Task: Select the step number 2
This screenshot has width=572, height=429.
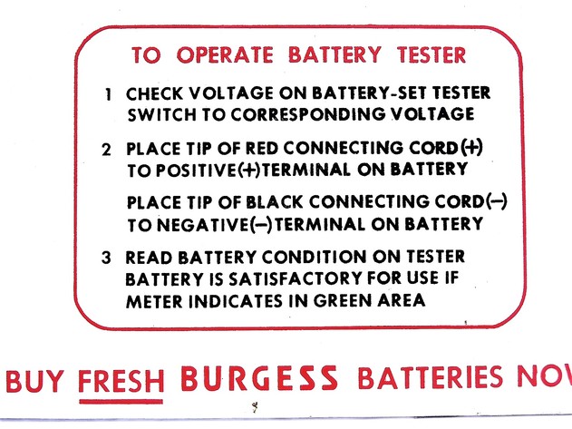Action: tap(107, 149)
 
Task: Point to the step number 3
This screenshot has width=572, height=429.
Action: tap(107, 257)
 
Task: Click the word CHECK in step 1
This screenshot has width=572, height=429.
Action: tap(152, 94)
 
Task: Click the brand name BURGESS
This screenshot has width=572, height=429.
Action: tap(259, 376)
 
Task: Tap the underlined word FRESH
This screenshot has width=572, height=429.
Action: tap(121, 378)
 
